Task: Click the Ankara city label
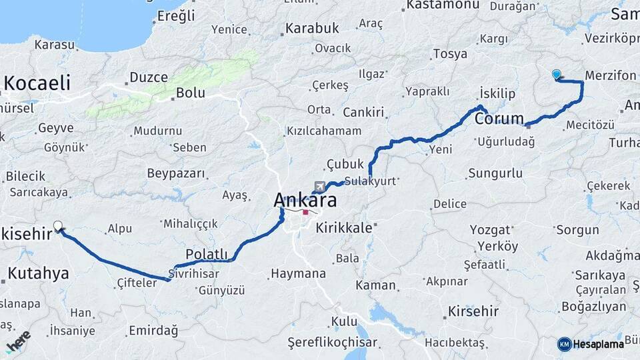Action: point(305,200)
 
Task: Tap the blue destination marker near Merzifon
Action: point(557,75)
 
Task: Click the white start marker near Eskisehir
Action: point(58,226)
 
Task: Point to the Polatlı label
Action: point(207,254)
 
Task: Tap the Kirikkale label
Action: point(344,227)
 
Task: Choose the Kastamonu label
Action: point(443,5)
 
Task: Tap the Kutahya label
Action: point(38,273)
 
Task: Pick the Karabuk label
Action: point(312,29)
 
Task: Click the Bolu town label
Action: point(191,93)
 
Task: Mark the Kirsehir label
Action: point(473,312)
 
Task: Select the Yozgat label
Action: point(490,229)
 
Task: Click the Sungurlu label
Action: point(495,174)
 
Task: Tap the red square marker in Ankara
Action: point(305,213)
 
